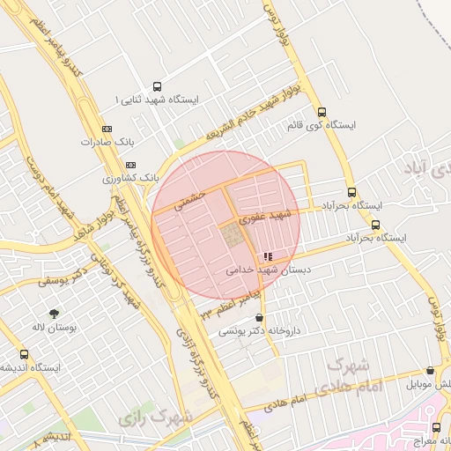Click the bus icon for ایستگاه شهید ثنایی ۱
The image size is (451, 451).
157,87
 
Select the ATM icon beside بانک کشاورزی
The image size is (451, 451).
131,165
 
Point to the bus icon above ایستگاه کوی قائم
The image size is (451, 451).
322,113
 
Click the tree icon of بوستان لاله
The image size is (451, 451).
55,313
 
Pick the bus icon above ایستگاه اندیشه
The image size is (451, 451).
24,354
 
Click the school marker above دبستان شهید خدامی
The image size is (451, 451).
268,257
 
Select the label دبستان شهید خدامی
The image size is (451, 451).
264,270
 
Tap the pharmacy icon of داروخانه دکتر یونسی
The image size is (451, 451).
258,318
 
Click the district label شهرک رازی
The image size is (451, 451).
146,417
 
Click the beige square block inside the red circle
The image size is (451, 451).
233,235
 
